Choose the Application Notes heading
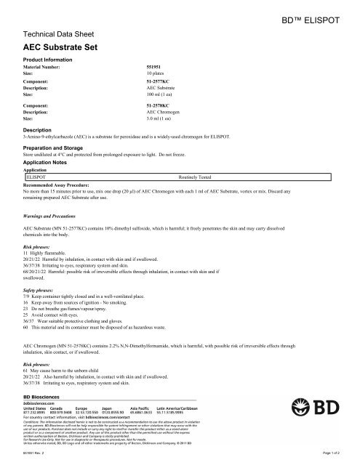[x=49, y=164]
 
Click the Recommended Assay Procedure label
[x=63, y=185]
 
